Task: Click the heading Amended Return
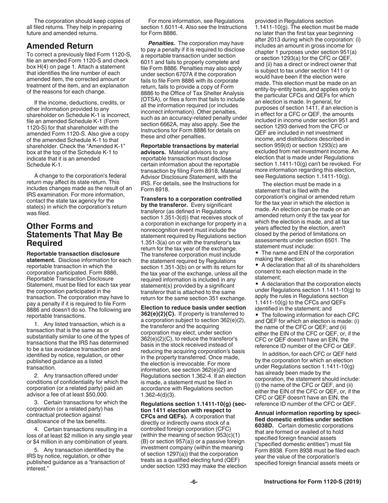60,46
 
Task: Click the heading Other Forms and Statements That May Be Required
74,235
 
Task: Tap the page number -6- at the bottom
194,482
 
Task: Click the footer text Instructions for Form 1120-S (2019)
312,482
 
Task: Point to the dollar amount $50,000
94,395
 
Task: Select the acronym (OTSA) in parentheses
151,93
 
